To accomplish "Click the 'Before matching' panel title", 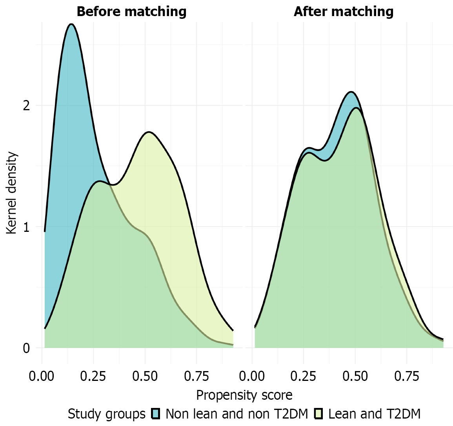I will pyautogui.click(x=131, y=11).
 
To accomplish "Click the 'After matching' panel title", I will pyautogui.click(x=344, y=11).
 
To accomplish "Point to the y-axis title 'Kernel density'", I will pyautogui.click(x=12, y=193).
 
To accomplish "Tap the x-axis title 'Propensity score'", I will pyautogui.click(x=244, y=395).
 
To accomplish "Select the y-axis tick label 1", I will pyautogui.click(x=26, y=227).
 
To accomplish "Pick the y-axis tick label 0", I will pyautogui.click(x=26, y=348).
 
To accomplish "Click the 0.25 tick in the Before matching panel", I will pyautogui.click(x=93, y=377).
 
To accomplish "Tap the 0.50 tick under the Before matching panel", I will pyautogui.click(x=145, y=377).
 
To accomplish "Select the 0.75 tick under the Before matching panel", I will pyautogui.click(x=196, y=377).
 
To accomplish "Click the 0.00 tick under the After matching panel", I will pyautogui.click(x=252, y=377).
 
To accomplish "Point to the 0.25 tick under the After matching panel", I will pyautogui.click(x=304, y=377).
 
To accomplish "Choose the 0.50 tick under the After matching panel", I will pyautogui.click(x=355, y=377).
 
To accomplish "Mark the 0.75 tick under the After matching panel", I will pyautogui.click(x=406, y=377).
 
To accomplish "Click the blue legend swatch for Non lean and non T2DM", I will pyautogui.click(x=156, y=414).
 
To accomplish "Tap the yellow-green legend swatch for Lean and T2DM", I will pyautogui.click(x=318, y=414).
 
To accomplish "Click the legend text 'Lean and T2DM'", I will pyautogui.click(x=374, y=414).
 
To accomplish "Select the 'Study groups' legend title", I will pyautogui.click(x=106, y=414).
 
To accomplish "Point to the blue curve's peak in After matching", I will pyautogui.click(x=351, y=92).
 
